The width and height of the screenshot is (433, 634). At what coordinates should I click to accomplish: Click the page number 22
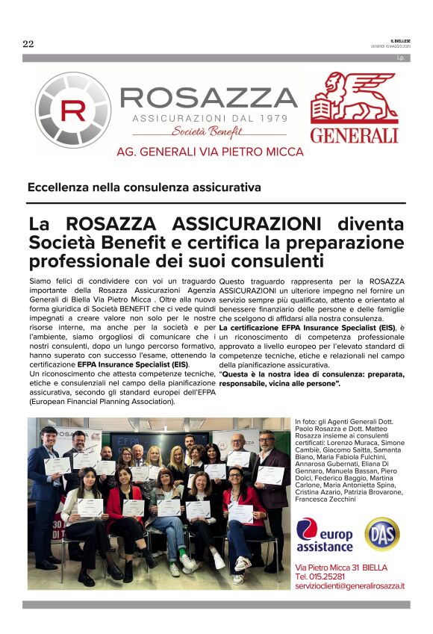pos(28,43)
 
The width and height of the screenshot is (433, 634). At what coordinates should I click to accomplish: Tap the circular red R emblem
pos(73,109)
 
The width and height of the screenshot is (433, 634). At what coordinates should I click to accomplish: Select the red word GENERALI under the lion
pos(354,135)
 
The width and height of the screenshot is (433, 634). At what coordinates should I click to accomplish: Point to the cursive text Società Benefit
pos(196,131)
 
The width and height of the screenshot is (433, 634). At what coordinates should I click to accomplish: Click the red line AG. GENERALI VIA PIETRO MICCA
pos(211,152)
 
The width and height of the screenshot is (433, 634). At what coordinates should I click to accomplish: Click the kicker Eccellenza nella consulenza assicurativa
pos(144,187)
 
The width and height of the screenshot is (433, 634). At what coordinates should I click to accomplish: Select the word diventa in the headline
pos(370,224)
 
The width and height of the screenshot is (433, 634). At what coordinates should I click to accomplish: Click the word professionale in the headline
pos(93,261)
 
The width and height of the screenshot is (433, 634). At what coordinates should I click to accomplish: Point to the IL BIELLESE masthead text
pos(400,40)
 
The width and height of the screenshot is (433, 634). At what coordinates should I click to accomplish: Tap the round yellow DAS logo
pos(382,534)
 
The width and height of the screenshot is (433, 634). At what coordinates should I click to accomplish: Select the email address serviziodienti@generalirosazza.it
pos(350,586)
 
